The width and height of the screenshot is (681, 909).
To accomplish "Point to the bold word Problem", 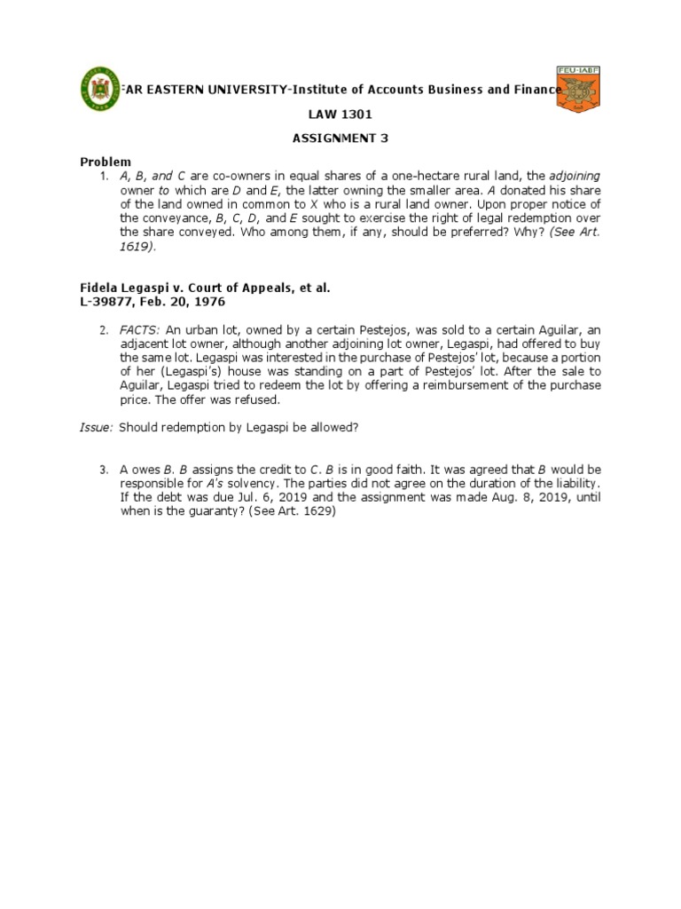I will pos(106,162).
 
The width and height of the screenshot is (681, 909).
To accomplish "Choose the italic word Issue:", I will pos(97,427).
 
